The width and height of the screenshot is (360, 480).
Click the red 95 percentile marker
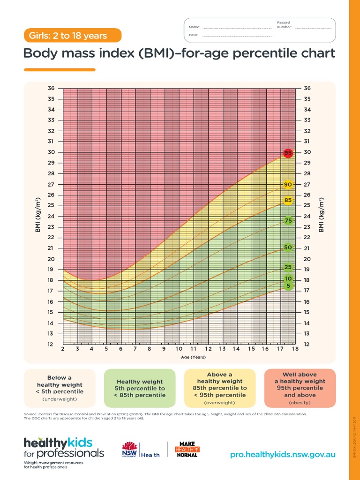(x=288, y=153)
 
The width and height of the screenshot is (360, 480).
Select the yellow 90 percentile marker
(x=288, y=185)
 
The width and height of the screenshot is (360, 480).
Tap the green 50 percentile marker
(x=288, y=247)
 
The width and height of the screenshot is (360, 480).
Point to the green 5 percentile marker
(x=289, y=286)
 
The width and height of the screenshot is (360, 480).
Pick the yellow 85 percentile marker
(x=288, y=201)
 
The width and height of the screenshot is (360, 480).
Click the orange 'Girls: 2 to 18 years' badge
(x=73, y=36)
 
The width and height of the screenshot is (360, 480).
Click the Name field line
(x=237, y=27)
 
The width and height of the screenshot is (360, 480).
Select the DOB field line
(x=237, y=36)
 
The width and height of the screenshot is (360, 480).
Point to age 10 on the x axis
(x=179, y=349)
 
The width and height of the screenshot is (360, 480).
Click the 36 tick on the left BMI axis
(x=51, y=89)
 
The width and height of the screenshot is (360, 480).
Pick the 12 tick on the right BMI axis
(x=307, y=345)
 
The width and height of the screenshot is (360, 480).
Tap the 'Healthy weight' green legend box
(x=140, y=388)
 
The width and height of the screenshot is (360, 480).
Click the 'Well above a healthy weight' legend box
(x=300, y=388)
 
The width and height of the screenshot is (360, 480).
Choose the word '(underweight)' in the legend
(x=60, y=399)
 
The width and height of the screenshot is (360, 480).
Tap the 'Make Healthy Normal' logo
(x=187, y=449)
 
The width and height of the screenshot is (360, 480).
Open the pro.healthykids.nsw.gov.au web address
(x=283, y=455)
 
